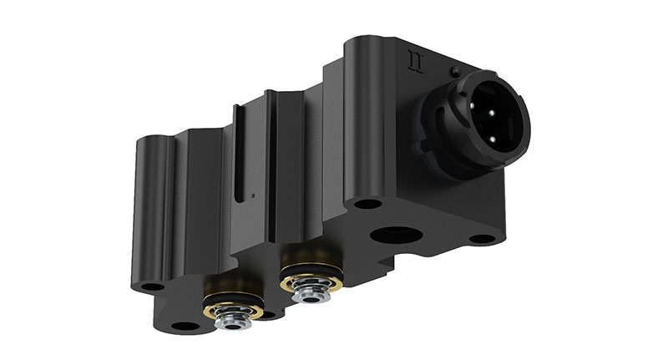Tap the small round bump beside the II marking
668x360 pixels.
click(456, 71)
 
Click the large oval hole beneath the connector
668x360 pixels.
click(392, 234)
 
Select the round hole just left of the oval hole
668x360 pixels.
click(367, 203)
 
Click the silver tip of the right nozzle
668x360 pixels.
click(311, 293)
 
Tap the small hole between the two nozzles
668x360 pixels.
click(267, 316)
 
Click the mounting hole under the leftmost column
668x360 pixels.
click(152, 286)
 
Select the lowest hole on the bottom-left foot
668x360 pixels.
click(181, 325)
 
